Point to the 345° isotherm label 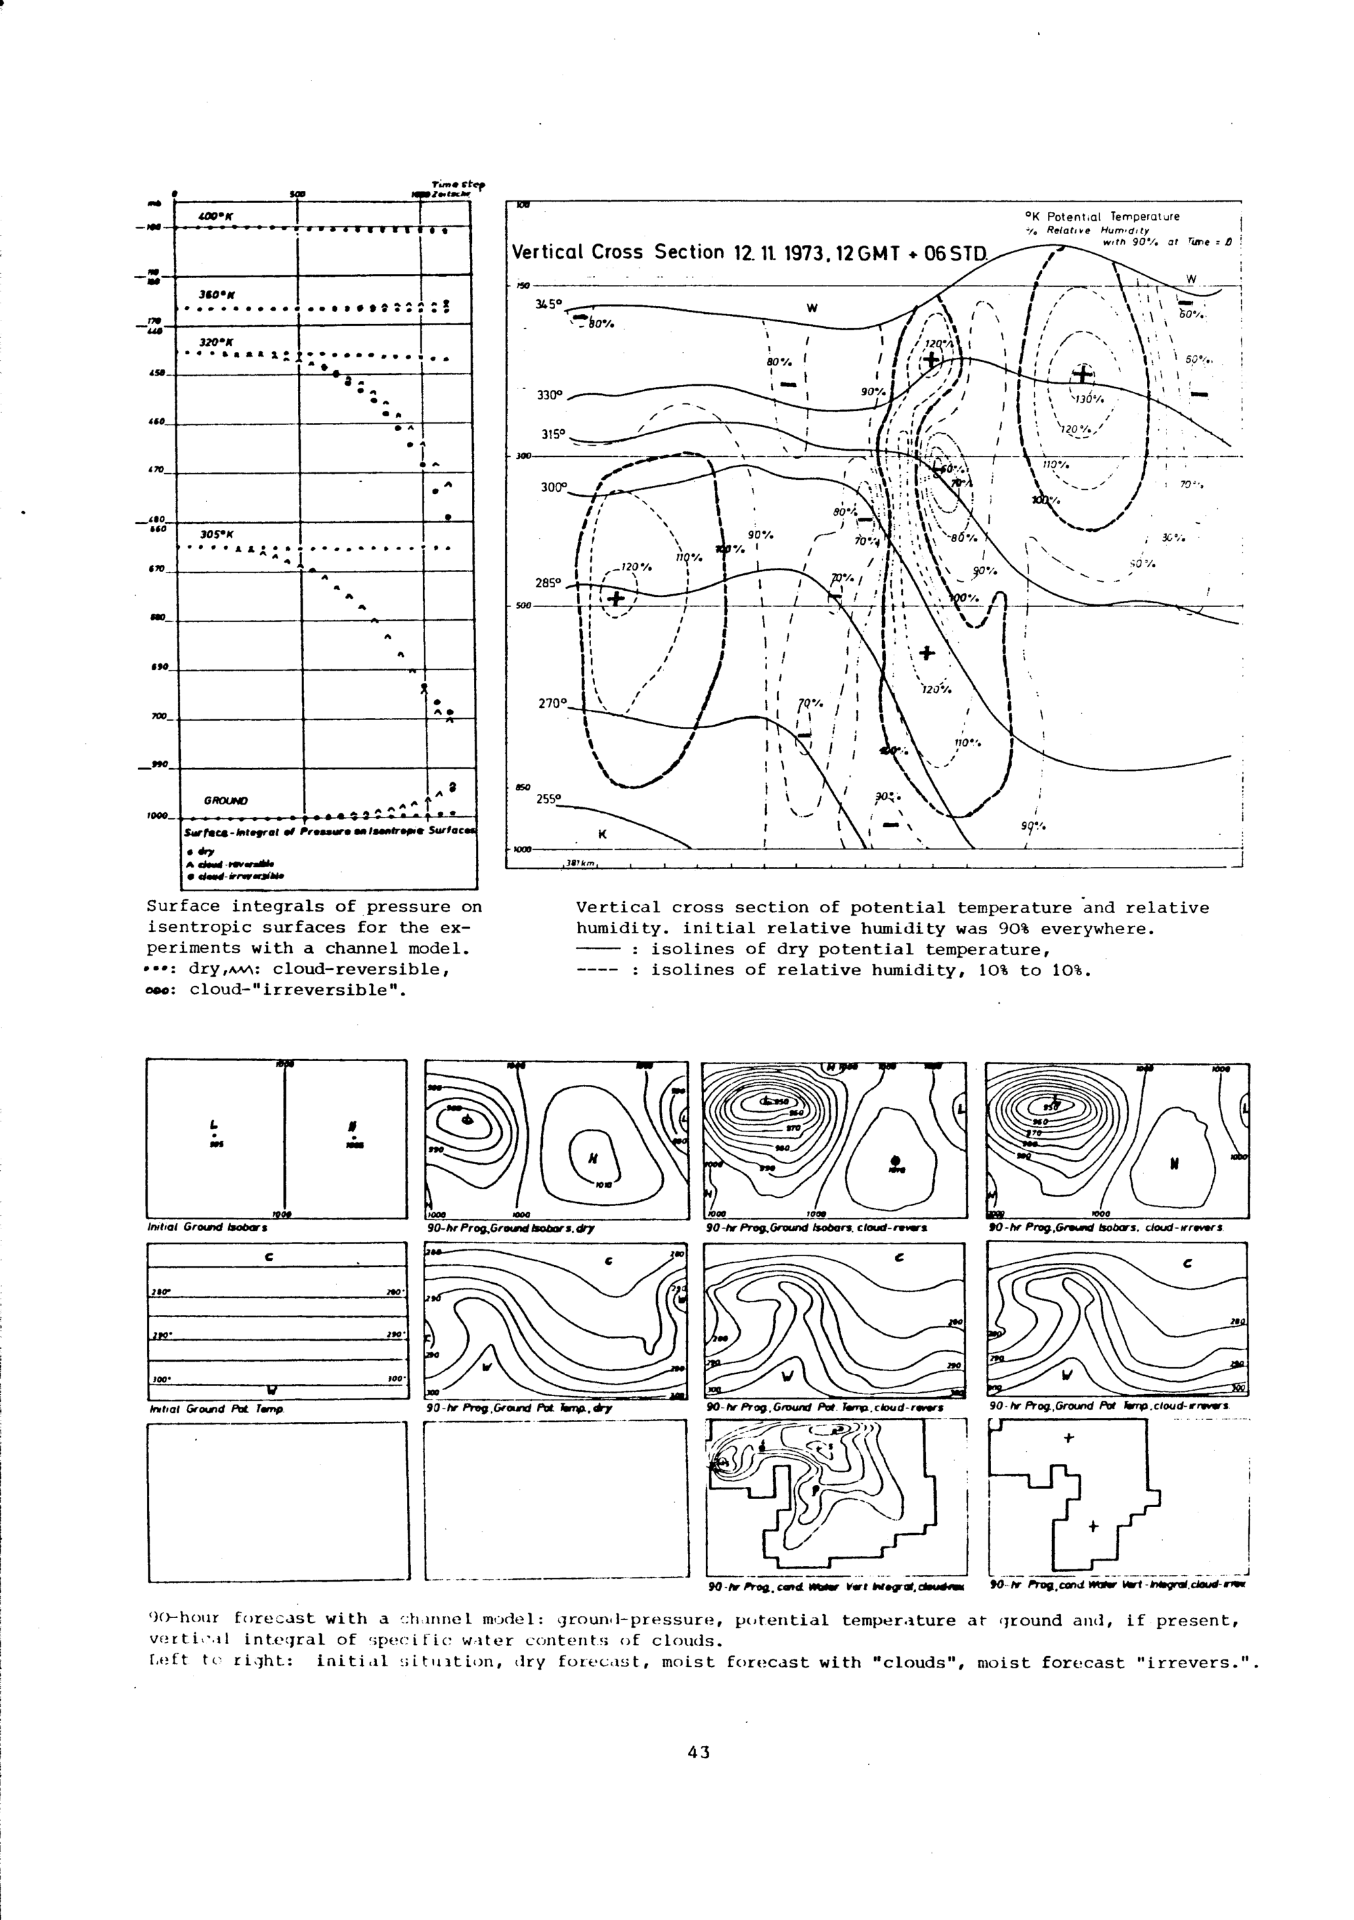coord(550,305)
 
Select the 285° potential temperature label coord(550,583)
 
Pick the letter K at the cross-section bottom coord(601,834)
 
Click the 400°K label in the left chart coord(216,217)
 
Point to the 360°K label coord(215,294)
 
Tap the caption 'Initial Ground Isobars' coord(206,1228)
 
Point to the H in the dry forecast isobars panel coord(593,1158)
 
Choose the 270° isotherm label coord(552,703)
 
